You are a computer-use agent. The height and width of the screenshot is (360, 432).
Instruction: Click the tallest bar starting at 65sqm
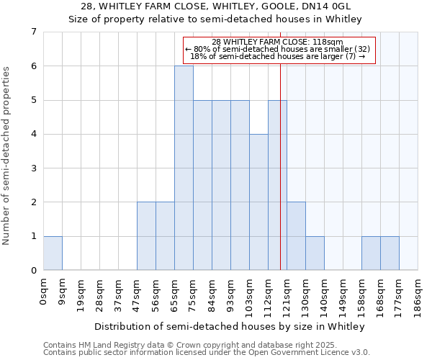tap(184, 168)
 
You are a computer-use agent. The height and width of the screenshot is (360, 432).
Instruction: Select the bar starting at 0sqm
tap(53, 253)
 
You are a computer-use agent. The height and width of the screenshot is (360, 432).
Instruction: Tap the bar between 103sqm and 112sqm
tap(258, 202)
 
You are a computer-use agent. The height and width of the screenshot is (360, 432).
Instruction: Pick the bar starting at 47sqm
tap(146, 235)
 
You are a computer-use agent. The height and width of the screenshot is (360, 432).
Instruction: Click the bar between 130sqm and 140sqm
tap(315, 253)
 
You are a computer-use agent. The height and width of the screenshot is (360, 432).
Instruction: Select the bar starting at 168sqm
tap(390, 253)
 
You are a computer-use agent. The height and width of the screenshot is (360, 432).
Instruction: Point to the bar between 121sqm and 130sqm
tap(296, 235)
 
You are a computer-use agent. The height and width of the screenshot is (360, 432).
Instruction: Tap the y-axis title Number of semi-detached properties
tap(7, 156)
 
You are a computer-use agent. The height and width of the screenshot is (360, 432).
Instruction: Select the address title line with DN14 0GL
tap(215, 6)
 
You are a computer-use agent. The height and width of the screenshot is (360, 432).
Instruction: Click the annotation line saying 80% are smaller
tap(278, 49)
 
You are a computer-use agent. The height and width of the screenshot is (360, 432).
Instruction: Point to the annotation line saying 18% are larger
tap(278, 56)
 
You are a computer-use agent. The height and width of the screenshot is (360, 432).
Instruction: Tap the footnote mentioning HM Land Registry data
tap(180, 345)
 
